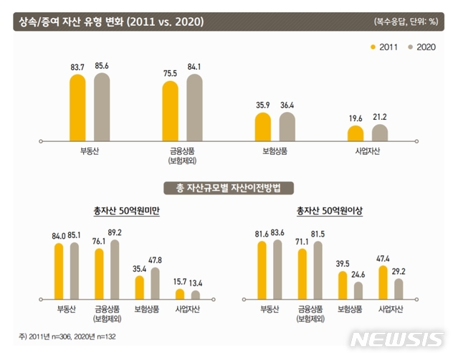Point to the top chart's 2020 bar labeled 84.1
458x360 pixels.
tap(195, 108)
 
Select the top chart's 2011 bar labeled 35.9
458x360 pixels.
tap(262, 125)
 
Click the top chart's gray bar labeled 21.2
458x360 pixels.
tap(380, 133)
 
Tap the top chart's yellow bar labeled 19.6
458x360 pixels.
tap(356, 134)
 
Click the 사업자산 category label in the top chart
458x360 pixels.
tap(368, 152)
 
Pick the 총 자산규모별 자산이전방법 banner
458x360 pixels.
tap(229, 189)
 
